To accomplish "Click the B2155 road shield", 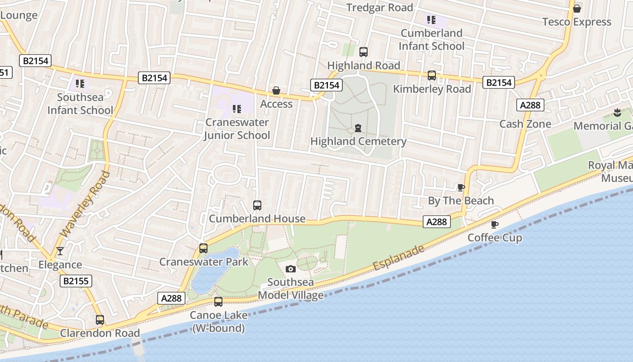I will point(76,281).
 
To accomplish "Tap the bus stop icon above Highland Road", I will point(364,52).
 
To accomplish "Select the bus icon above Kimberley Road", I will point(432,76).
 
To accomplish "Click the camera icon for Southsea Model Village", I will point(291,269).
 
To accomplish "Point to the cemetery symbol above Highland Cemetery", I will point(358,128).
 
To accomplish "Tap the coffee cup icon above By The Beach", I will point(461,187).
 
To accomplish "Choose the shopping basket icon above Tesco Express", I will point(577,9).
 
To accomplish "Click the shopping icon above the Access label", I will point(276,91).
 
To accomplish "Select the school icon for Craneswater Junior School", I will point(236,109).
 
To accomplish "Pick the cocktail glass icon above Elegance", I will point(60,251).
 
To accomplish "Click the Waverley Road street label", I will point(85,204).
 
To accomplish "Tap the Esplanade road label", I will point(399,258).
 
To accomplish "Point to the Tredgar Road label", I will point(380,7).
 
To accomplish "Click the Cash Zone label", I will point(525,124).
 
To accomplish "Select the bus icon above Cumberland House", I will point(257,205).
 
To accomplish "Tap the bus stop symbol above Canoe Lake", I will point(218,302).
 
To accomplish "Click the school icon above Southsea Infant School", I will point(80,84).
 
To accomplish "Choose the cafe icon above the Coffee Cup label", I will point(495,224).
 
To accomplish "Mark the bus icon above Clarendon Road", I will point(100,320).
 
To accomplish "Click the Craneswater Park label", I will point(203,262).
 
